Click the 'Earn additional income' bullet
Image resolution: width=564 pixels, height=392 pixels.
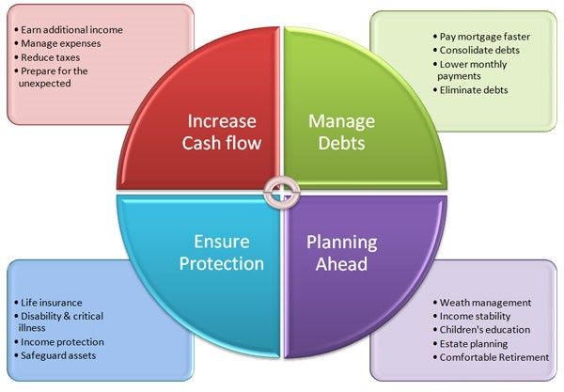69,30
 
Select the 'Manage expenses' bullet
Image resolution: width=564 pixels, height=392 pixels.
57,43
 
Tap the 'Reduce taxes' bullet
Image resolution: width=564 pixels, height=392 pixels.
47,57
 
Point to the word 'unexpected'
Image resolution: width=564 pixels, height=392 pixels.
44,84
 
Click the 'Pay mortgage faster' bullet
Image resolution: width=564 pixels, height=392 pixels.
481,37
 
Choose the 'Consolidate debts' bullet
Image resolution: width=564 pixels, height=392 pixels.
477,51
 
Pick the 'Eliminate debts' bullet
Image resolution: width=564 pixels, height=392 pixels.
471,90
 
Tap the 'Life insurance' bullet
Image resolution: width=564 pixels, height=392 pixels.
48,303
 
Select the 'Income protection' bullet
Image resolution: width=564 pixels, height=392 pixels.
59,342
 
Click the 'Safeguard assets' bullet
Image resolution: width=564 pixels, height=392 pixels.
55,355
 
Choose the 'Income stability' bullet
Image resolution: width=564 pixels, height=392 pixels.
472,317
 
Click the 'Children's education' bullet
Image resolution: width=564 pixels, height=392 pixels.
481,330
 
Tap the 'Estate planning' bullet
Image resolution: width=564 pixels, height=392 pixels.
471,344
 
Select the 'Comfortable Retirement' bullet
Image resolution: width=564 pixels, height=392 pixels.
492,357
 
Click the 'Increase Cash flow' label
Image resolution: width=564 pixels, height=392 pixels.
222,132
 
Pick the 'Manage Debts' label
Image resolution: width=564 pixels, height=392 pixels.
342,132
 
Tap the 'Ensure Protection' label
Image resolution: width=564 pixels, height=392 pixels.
222,253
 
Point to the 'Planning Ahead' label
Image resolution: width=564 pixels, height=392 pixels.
342,253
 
